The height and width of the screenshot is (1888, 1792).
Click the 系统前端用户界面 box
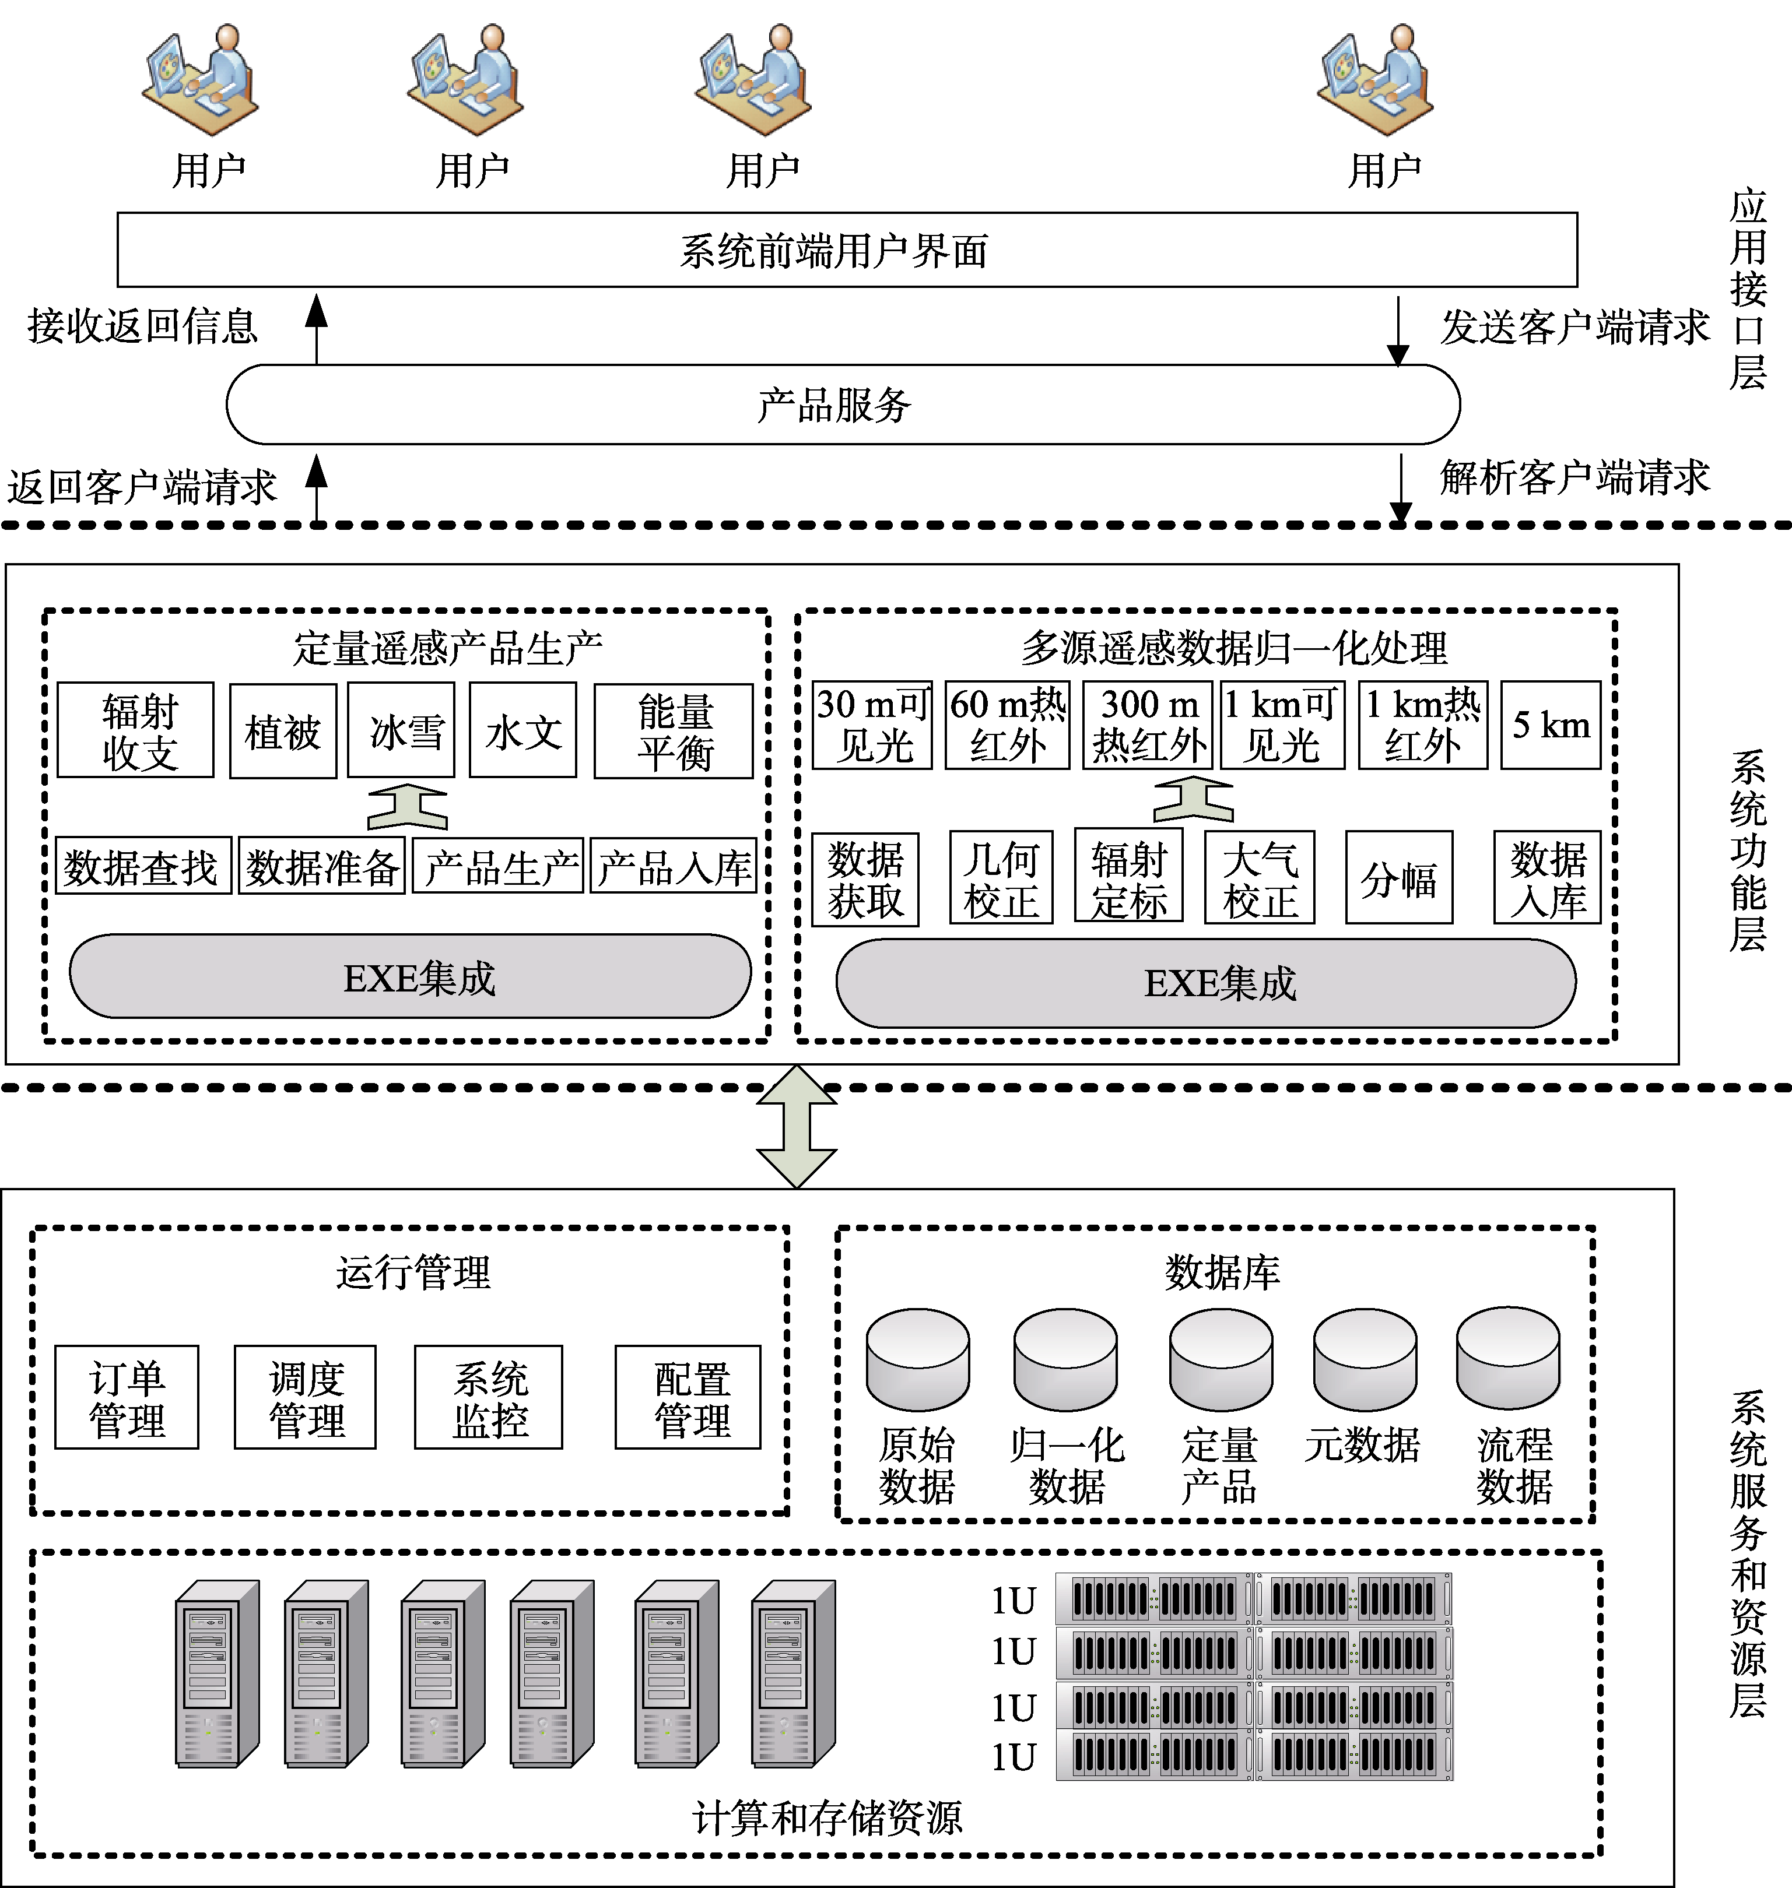pyautogui.click(x=846, y=249)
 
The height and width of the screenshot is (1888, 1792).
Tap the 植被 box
pyautogui.click(x=283, y=730)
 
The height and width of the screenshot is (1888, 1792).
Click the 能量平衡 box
pyautogui.click(x=674, y=730)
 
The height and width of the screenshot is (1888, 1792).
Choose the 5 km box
pyautogui.click(x=1551, y=725)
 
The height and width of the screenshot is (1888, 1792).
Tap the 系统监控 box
pyautogui.click(x=488, y=1397)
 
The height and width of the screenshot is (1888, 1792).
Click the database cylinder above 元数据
pyautogui.click(x=1365, y=1359)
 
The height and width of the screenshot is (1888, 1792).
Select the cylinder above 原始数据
pyautogui.click(x=918, y=1359)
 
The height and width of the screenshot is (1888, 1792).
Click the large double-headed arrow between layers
pyautogui.click(x=797, y=1127)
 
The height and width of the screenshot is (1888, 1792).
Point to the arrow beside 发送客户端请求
pyautogui.click(x=1397, y=331)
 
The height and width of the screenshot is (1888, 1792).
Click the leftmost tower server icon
pyautogui.click(x=217, y=1673)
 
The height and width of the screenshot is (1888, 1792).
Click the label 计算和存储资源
pyautogui.click(x=827, y=1817)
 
